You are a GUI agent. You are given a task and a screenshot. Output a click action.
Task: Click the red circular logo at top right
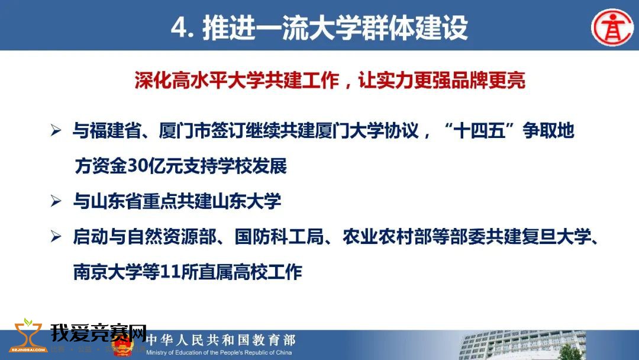(x=612, y=27)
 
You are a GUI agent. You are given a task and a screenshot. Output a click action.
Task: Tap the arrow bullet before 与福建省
(x=56, y=130)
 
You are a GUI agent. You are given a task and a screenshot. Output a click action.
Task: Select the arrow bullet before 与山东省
(x=56, y=201)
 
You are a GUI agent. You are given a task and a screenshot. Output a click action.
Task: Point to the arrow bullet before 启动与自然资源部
(x=56, y=236)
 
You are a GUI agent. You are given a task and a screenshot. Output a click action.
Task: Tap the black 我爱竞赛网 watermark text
(x=98, y=333)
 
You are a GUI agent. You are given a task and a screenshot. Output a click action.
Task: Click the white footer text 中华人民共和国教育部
(x=221, y=340)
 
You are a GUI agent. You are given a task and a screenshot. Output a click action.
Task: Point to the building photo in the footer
(x=522, y=345)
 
